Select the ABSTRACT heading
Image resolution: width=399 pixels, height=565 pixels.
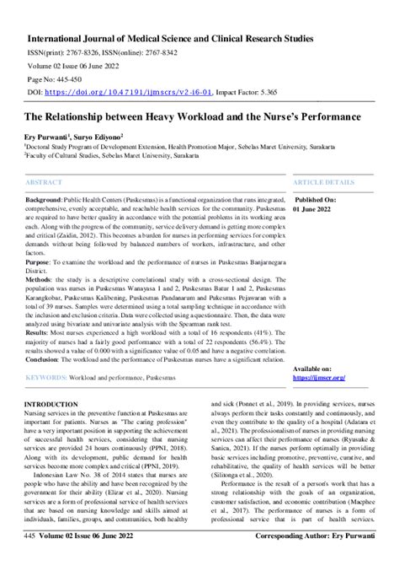pos(45,182)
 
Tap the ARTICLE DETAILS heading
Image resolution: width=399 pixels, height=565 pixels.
pos(323,182)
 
